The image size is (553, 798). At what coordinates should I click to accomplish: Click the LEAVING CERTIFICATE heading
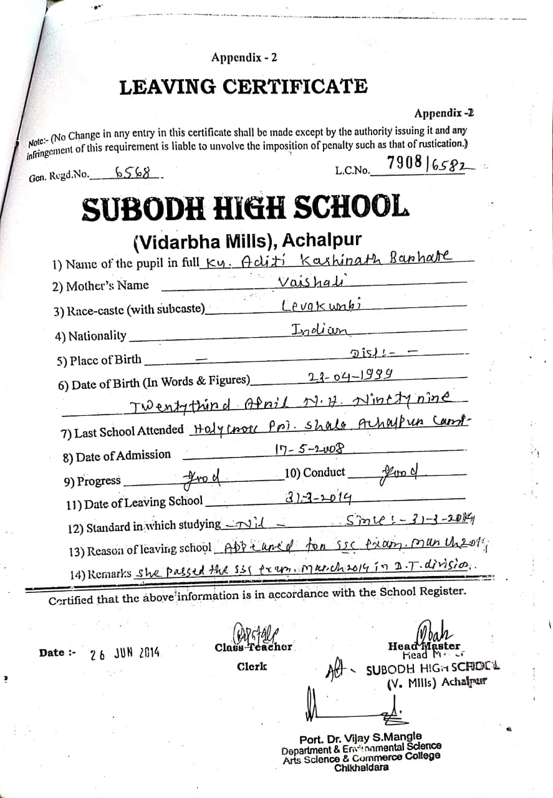(243, 87)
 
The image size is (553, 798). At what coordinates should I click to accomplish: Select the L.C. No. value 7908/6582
(430, 164)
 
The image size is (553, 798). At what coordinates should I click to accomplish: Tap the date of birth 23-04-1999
(350, 376)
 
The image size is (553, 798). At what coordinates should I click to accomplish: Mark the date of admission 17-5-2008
(310, 448)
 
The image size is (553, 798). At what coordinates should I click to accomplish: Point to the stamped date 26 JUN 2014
(125, 655)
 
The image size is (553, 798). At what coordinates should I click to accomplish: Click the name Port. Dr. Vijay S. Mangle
(360, 737)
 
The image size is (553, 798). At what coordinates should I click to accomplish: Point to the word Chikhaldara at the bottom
(361, 767)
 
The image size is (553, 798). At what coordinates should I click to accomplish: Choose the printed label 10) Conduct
(315, 473)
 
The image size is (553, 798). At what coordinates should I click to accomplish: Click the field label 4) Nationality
(91, 337)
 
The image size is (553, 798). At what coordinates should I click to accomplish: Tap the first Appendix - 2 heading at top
(244, 58)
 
